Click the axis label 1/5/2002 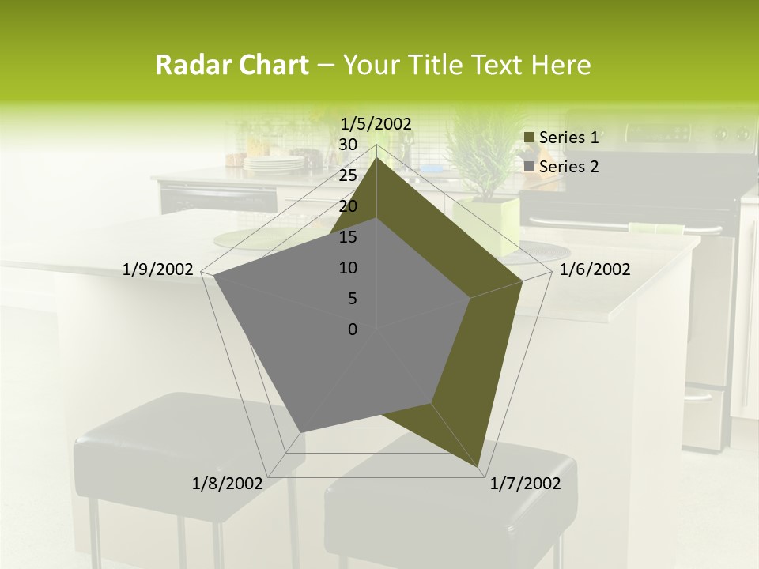tap(376, 123)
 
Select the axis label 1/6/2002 tap(595, 269)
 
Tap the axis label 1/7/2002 tap(525, 484)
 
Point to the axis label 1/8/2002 tap(228, 484)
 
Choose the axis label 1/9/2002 tap(158, 269)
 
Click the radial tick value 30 tap(347, 145)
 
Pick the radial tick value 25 tap(347, 175)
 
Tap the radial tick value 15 tap(347, 237)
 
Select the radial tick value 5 tap(352, 299)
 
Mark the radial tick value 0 tap(353, 330)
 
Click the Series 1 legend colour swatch tap(529, 138)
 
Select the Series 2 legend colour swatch tap(529, 167)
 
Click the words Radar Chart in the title tap(232, 65)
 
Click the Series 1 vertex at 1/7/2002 tap(480, 468)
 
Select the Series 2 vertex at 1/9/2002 tap(213, 276)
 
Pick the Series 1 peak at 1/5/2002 tap(376, 157)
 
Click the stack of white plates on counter tap(274, 164)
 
